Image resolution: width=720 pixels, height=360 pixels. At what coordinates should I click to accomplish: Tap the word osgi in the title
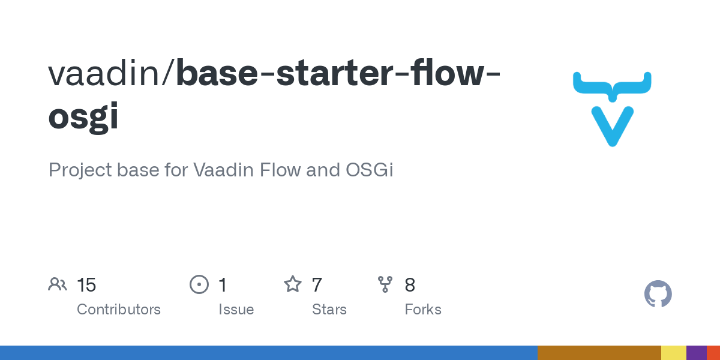tap(83, 116)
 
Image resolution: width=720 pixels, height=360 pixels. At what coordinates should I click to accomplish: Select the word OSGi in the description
tap(370, 170)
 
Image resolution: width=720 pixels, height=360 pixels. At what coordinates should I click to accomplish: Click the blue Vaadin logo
tap(612, 108)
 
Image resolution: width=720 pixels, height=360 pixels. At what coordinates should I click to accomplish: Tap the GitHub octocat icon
tap(658, 294)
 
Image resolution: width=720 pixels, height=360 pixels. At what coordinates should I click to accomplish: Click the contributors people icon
tap(58, 284)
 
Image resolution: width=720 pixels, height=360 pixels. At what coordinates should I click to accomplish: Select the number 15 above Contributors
tap(86, 285)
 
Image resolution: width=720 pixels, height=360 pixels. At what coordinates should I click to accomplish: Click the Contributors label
tap(119, 310)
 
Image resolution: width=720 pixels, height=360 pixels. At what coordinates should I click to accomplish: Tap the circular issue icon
tap(199, 284)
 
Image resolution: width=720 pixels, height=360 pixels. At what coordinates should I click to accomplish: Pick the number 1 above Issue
tap(223, 285)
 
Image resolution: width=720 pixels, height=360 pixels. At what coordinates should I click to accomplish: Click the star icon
tap(293, 284)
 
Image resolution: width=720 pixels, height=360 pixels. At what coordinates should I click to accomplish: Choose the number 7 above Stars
tap(317, 285)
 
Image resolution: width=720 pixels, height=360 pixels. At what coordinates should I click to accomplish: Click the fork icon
tap(385, 284)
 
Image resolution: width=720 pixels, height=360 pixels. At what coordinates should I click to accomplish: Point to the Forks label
tap(423, 310)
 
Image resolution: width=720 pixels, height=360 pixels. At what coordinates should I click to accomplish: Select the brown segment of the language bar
tap(599, 353)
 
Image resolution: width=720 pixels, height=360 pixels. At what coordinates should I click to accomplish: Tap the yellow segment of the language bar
tap(673, 353)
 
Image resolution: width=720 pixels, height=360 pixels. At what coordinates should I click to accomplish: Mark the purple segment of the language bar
tap(696, 353)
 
